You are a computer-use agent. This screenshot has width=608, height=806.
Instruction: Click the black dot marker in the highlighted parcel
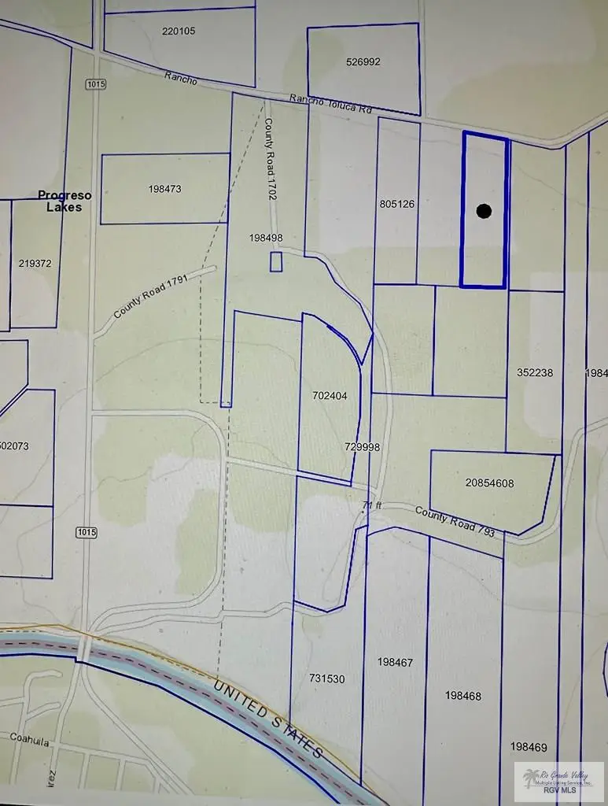tap(484, 210)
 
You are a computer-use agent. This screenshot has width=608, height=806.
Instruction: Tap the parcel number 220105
tap(179, 31)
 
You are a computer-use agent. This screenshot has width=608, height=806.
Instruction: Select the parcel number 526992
tap(363, 61)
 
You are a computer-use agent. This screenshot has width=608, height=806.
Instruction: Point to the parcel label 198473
tap(164, 189)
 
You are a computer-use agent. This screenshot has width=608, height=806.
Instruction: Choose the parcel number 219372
tap(35, 264)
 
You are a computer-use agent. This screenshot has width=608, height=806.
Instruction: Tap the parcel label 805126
tap(396, 204)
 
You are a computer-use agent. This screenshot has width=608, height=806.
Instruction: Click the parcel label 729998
tap(362, 446)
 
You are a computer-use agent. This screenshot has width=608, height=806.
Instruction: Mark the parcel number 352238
tap(536, 372)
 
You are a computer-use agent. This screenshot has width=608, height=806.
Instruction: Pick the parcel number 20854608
tap(489, 483)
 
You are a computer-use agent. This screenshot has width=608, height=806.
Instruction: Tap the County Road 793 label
tap(455, 521)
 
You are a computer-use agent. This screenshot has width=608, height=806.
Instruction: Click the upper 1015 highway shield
tap(94, 83)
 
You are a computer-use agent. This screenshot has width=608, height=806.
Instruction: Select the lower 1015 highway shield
tap(87, 533)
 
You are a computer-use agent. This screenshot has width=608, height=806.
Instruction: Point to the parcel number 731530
tap(326, 678)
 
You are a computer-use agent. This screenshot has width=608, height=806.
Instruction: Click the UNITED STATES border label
tap(268, 719)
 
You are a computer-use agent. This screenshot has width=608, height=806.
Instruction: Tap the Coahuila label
tap(30, 738)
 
